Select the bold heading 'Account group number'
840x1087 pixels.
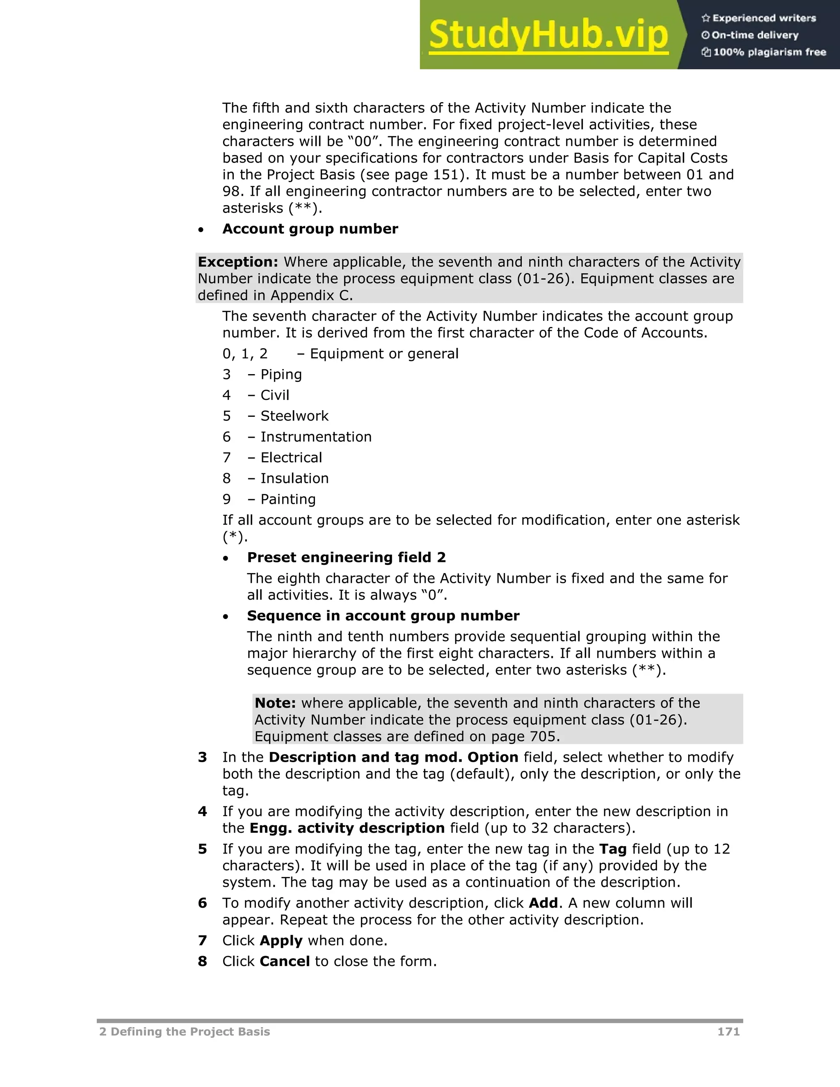(310, 229)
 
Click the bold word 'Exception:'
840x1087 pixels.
(238, 262)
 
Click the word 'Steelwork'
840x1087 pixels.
(294, 416)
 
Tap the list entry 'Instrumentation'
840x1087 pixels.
(315, 436)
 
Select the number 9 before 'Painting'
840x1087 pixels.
(226, 499)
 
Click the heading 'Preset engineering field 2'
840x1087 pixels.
(346, 557)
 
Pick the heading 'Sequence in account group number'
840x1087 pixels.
(383, 616)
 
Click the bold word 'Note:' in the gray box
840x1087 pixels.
(275, 703)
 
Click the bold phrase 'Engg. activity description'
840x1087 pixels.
(347, 828)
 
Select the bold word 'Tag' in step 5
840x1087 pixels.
(613, 849)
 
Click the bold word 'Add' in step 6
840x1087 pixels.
(543, 903)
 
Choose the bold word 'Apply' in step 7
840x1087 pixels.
(281, 940)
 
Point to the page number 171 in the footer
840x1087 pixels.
(728, 1031)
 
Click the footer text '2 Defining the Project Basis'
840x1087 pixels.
(185, 1031)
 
